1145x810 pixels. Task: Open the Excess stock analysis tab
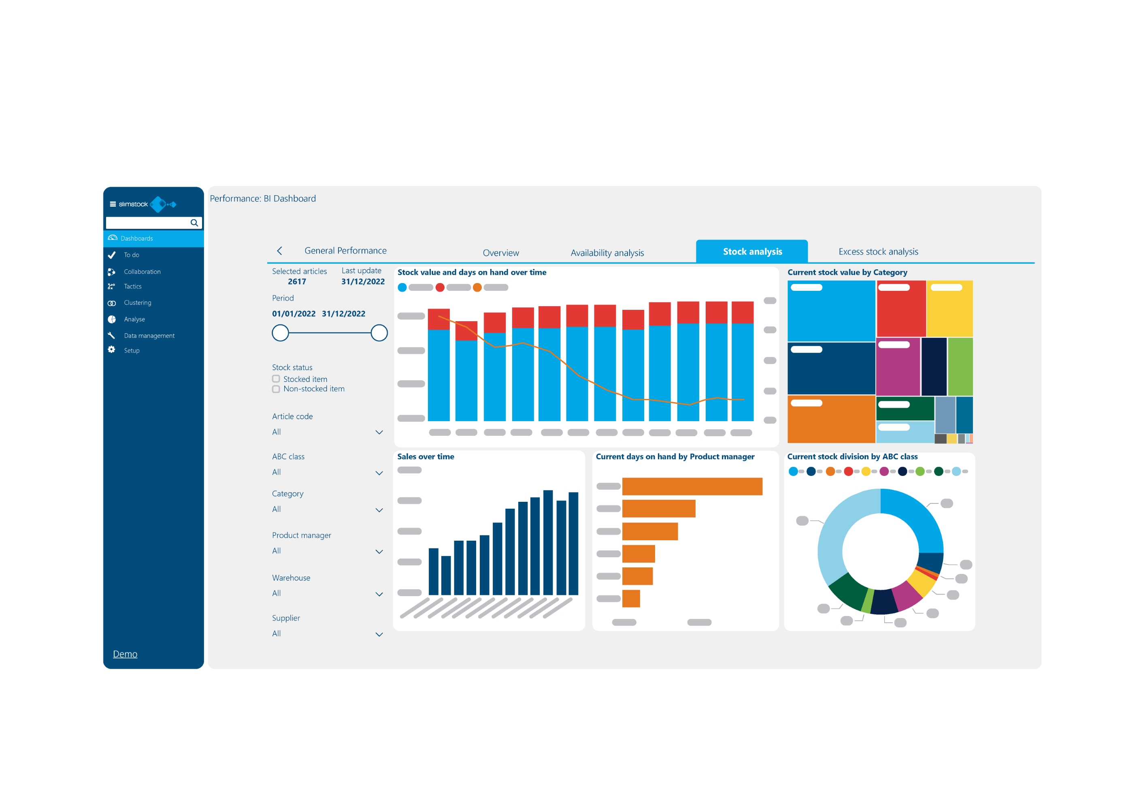point(878,252)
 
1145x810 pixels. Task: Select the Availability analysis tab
point(607,253)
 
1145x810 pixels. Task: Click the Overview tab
point(501,253)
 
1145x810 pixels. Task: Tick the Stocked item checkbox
point(276,379)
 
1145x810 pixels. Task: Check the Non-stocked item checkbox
point(276,389)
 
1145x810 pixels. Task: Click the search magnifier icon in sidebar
point(194,223)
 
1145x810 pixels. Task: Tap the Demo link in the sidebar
point(125,654)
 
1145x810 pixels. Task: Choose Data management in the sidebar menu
point(149,336)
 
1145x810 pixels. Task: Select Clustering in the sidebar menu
point(137,303)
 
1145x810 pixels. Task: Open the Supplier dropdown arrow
point(379,635)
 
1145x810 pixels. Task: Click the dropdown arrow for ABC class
point(379,473)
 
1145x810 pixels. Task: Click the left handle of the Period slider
point(280,333)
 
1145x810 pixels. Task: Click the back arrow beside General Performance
point(280,251)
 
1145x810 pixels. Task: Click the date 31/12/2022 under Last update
point(362,281)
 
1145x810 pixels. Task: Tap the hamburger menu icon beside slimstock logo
point(113,204)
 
